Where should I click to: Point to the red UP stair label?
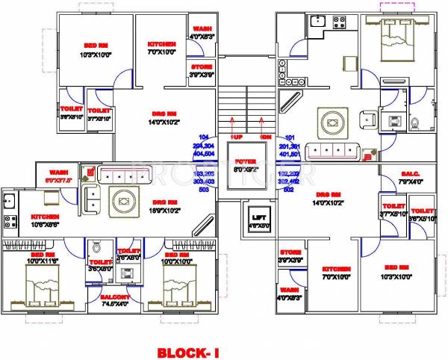pos(237,138)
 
